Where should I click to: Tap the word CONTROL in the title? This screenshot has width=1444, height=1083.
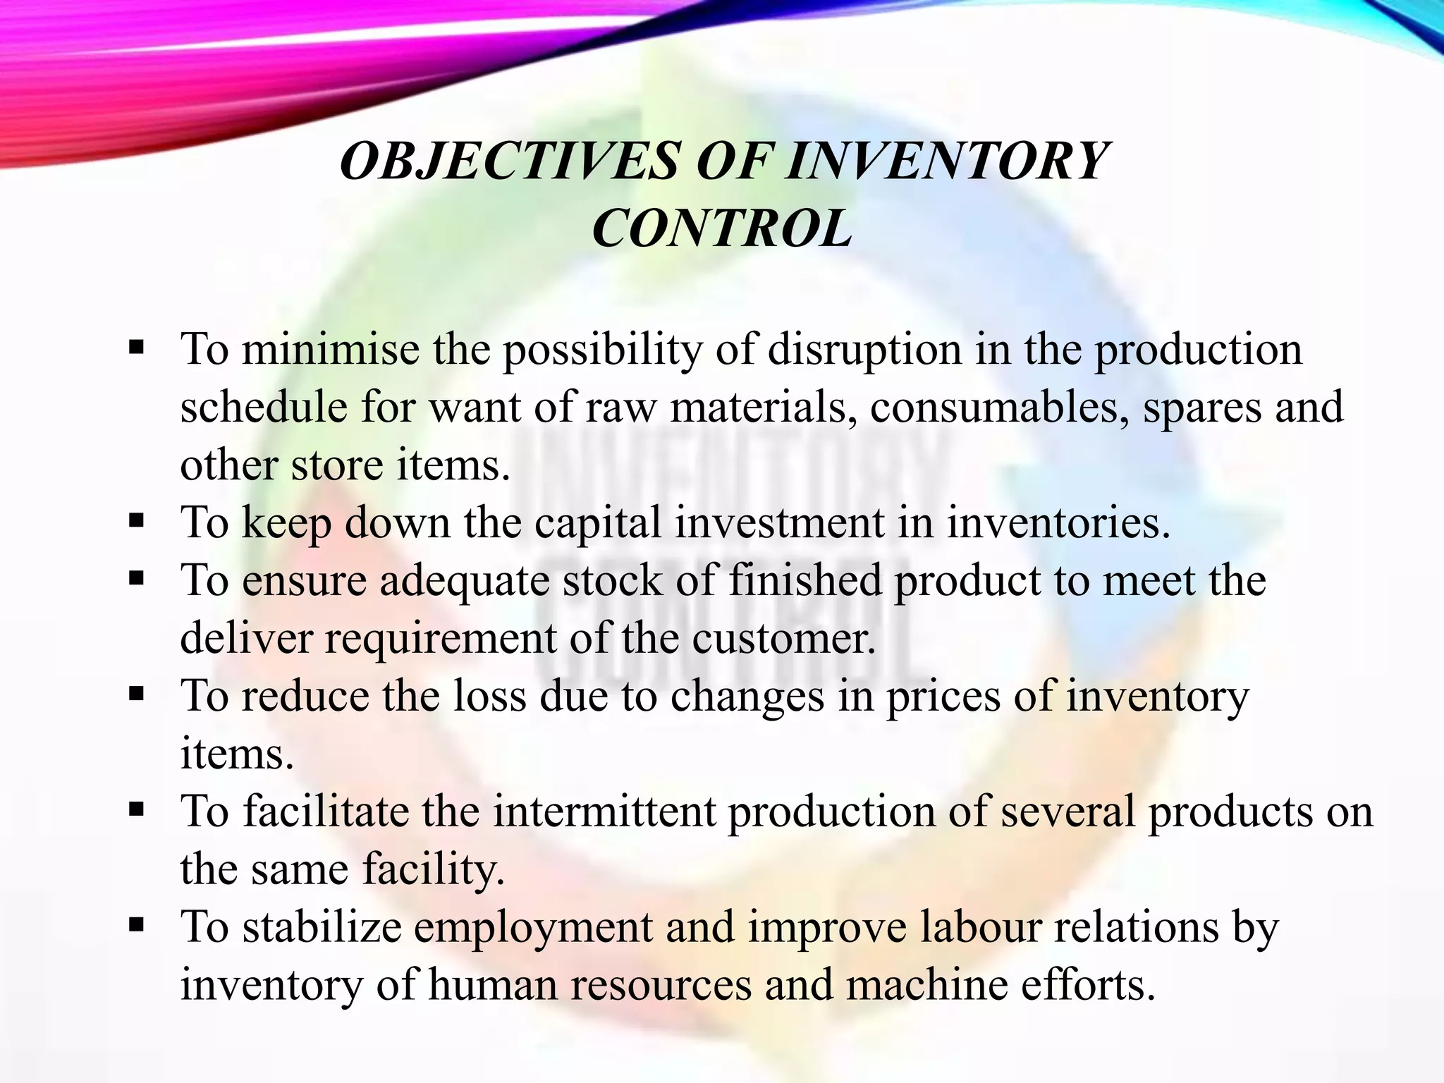coord(722,229)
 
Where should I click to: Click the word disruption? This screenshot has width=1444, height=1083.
coord(864,350)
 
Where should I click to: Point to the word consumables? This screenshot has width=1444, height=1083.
coord(999,408)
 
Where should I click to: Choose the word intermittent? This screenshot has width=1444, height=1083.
coord(604,812)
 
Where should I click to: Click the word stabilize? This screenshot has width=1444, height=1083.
coord(322,927)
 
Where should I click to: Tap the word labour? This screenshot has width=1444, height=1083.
coord(981,927)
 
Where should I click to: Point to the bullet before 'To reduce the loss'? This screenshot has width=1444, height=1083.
coord(137,695)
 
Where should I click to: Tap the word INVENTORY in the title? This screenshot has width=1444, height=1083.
coord(946,161)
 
